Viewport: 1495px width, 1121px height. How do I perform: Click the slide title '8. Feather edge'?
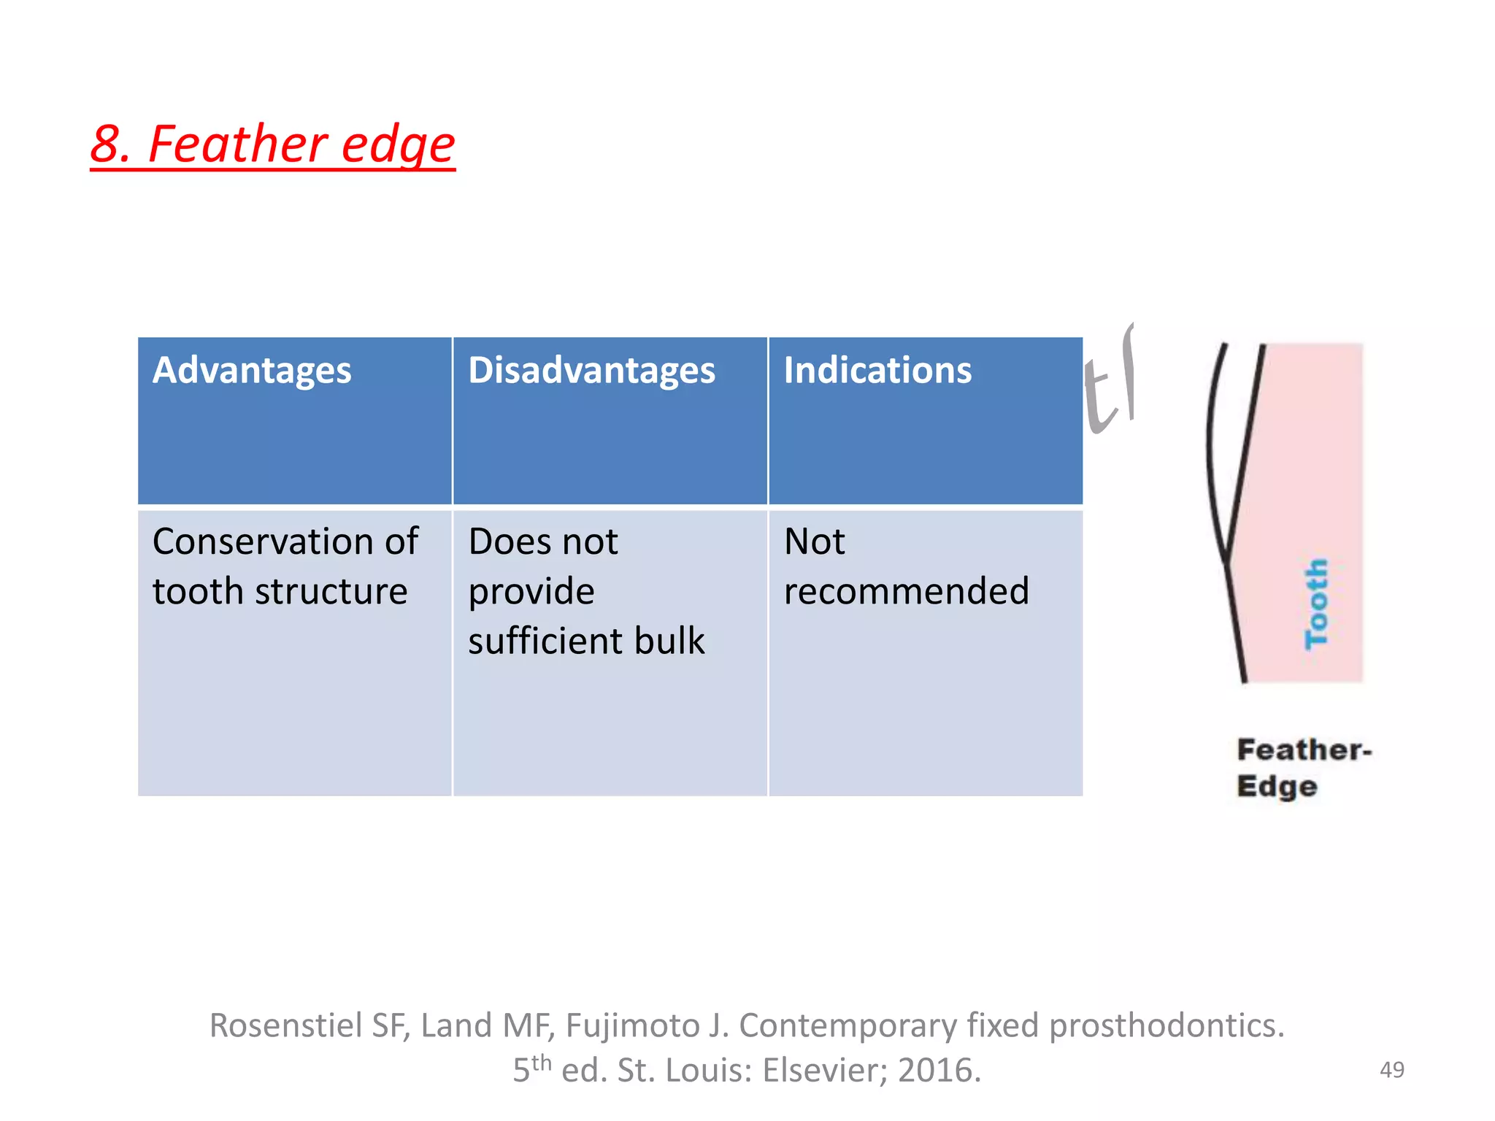click(272, 144)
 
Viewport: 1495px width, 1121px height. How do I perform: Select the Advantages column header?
click(252, 370)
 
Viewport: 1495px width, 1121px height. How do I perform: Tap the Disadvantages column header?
click(591, 370)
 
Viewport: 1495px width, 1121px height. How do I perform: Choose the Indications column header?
click(877, 370)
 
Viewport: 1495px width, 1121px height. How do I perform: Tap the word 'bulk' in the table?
click(669, 641)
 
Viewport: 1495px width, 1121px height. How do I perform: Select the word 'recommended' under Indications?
click(906, 591)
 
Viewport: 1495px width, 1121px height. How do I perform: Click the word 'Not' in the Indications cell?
click(814, 542)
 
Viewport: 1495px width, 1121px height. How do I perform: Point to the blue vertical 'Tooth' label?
click(1316, 604)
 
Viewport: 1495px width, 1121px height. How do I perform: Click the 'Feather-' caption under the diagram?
click(1304, 750)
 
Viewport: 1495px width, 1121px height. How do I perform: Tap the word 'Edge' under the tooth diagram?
click(1277, 786)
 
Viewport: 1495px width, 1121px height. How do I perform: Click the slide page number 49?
click(1391, 1070)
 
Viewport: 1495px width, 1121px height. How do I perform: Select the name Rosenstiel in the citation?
click(285, 1025)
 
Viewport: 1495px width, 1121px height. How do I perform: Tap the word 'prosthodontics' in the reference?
click(1164, 1025)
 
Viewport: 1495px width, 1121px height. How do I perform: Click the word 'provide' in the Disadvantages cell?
click(531, 591)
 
